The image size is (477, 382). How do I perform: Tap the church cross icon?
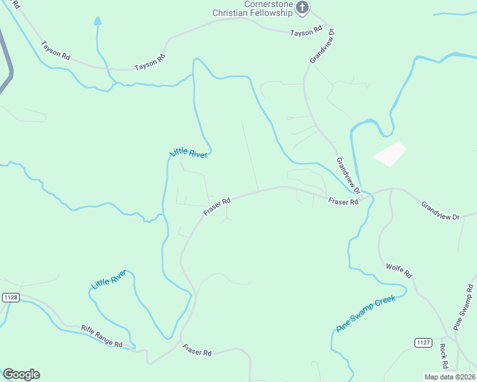coord(302,8)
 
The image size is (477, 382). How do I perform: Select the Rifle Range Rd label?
coord(101,336)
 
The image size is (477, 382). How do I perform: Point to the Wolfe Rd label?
coord(400,270)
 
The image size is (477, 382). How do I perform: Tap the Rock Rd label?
coord(444,356)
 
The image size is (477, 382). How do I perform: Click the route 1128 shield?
coord(10,297)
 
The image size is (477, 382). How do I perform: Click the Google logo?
coord(21,374)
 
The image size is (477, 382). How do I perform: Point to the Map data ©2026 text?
coord(450,377)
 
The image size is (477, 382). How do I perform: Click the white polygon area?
coord(390,154)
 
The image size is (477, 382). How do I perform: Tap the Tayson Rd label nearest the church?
coord(305,32)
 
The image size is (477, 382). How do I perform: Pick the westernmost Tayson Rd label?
coord(55,50)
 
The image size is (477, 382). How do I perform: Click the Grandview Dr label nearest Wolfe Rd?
coord(440,211)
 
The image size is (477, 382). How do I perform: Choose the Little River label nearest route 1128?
coord(110,279)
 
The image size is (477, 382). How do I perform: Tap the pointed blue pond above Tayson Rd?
coord(98,22)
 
